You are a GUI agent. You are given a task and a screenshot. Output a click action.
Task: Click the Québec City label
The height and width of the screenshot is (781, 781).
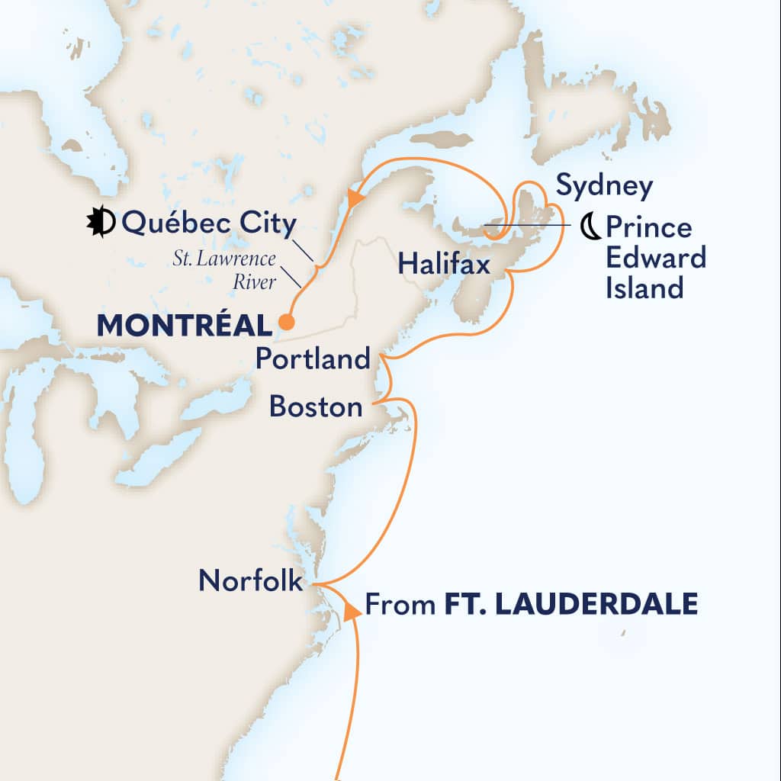[x=207, y=224]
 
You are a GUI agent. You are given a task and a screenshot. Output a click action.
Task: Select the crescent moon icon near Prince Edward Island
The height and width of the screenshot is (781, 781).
[x=590, y=227]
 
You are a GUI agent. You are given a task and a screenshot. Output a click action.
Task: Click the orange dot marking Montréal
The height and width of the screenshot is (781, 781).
[x=286, y=323]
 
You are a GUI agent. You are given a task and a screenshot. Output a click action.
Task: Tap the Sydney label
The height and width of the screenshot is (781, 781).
[x=605, y=185]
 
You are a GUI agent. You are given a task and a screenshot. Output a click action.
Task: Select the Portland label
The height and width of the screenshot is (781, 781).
[x=313, y=359]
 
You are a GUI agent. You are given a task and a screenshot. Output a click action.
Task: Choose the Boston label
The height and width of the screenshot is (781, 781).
[x=316, y=407]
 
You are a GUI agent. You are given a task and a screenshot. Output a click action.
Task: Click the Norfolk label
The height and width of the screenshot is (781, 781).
[x=249, y=581]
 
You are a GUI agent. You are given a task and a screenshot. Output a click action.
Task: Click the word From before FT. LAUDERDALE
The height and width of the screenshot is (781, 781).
[x=401, y=606]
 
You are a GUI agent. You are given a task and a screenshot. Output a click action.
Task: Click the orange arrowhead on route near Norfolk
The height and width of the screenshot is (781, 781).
[x=352, y=611]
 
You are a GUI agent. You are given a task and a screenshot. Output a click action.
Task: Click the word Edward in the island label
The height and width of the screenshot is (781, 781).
[x=656, y=259]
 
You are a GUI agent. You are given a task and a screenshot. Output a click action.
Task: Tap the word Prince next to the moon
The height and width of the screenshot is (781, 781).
[x=648, y=227]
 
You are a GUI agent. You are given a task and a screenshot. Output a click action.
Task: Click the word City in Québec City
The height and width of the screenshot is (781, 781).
[x=265, y=224]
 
